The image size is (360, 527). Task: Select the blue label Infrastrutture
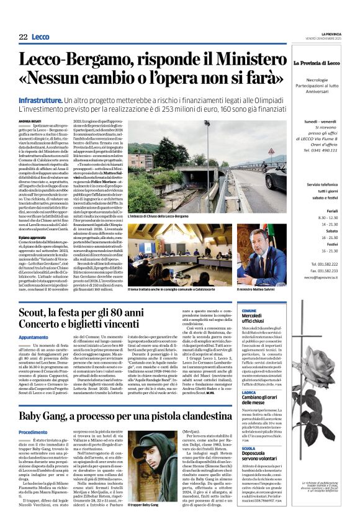(40, 100)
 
